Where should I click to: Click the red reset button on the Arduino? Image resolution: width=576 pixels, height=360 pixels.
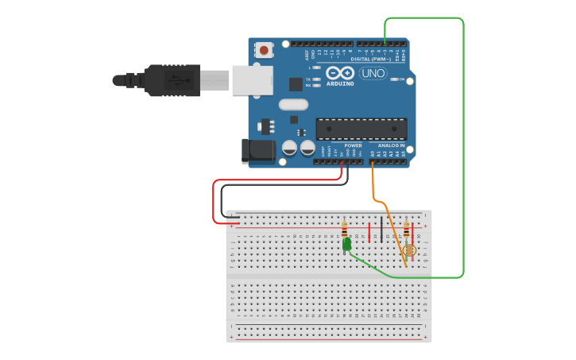(x=264, y=50)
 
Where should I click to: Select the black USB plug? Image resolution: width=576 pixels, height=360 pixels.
(x=171, y=80)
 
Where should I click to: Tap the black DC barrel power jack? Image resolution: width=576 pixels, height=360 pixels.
(x=257, y=150)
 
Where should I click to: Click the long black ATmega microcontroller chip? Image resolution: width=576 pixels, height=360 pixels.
(x=361, y=129)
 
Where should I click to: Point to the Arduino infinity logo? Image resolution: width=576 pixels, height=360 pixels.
(x=339, y=72)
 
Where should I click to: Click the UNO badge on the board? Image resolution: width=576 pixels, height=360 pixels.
(x=373, y=73)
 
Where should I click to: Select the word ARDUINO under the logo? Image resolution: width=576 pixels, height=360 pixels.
(x=340, y=83)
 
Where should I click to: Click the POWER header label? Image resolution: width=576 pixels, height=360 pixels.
(x=354, y=145)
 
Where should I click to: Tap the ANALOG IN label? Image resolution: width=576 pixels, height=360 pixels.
(x=390, y=145)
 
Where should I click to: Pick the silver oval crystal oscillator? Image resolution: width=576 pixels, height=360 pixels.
(x=293, y=104)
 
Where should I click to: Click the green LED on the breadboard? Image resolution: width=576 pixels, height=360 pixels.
(x=347, y=244)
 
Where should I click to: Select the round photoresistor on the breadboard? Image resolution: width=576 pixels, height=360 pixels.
(x=409, y=250)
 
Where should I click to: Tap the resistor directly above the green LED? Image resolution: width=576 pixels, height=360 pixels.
(x=344, y=230)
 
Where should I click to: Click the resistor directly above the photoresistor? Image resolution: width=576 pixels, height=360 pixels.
(x=407, y=230)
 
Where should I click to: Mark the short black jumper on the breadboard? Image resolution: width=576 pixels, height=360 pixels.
(x=381, y=230)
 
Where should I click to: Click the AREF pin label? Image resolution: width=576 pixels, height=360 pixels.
(x=307, y=55)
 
